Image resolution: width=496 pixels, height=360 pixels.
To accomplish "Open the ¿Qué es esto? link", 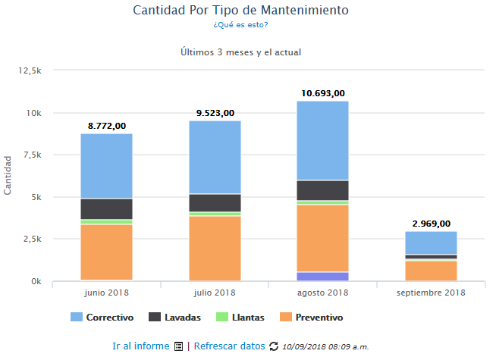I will (x=240, y=25).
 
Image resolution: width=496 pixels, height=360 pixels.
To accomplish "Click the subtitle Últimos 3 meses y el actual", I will (x=241, y=52).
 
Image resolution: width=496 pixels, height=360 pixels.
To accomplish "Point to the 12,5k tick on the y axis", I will (x=28, y=70).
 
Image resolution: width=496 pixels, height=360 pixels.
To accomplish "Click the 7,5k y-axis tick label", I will (x=30, y=155).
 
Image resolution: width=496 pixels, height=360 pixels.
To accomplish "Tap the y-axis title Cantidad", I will (x=8, y=176).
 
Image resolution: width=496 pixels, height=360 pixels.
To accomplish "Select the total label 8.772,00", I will (x=107, y=126).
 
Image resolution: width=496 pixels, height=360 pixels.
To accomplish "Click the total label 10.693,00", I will (x=322, y=93).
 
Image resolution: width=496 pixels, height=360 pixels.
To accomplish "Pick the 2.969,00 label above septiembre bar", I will (x=430, y=224).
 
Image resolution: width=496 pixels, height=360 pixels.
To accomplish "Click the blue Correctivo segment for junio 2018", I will (x=106, y=166).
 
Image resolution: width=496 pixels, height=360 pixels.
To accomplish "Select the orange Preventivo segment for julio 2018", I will (x=215, y=248).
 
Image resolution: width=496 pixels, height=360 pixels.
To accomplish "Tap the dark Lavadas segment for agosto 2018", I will (x=322, y=190).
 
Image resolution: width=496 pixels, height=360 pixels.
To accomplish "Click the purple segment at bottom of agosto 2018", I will (x=322, y=276).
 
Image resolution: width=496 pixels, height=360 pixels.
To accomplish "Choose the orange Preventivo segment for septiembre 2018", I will (x=430, y=270).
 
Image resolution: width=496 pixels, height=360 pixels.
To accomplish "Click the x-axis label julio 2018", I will (x=215, y=293).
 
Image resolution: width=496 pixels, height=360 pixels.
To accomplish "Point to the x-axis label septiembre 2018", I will (x=430, y=293).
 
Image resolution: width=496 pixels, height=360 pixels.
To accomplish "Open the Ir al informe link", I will (x=140, y=346).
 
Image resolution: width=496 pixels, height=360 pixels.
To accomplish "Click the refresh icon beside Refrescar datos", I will (x=273, y=346).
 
